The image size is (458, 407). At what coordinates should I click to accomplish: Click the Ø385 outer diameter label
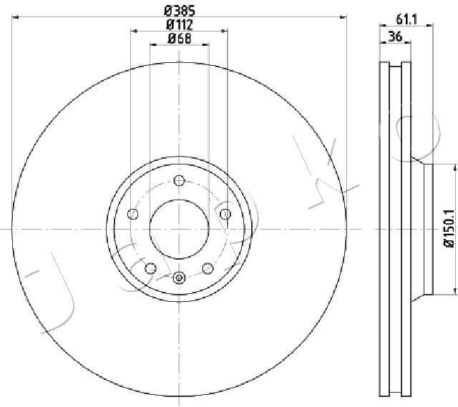tap(179, 11)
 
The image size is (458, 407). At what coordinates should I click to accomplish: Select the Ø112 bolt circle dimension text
tap(179, 25)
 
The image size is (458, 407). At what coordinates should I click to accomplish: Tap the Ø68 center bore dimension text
tap(179, 39)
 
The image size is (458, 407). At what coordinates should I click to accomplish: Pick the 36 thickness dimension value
tap(394, 38)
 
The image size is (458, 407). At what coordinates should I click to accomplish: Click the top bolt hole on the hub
tap(179, 181)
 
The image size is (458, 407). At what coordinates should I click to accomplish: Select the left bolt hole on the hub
tap(132, 214)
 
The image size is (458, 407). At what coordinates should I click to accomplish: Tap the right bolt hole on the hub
tap(225, 214)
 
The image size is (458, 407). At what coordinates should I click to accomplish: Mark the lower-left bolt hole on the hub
tap(150, 268)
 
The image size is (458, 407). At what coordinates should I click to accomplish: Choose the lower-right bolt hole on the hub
tap(208, 268)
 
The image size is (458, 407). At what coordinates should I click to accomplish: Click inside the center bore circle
tap(179, 228)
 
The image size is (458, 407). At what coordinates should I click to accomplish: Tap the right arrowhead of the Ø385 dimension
tap(343, 16)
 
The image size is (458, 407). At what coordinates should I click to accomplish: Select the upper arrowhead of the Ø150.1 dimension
tap(454, 167)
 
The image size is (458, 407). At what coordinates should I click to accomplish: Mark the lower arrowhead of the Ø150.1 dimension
tap(454, 290)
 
